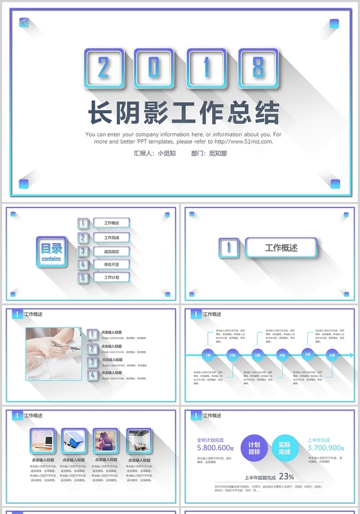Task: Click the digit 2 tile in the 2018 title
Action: coord(104,67)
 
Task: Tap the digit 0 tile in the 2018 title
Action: coord(154,67)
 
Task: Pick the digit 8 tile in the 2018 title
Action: coord(257,67)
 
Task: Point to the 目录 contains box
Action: coord(51,251)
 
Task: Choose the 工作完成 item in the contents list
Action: coord(112,237)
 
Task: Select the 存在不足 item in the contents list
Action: coord(112,264)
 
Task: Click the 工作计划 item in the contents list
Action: coord(112,278)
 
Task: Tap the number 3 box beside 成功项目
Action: coord(83,251)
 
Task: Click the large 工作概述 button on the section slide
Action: coord(281,247)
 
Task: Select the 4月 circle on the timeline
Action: coord(282,355)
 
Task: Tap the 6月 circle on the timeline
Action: coord(332,355)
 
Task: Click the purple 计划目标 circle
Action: coord(254,448)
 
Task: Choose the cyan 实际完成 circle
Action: coord(285,448)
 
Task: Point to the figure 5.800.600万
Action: coord(216,448)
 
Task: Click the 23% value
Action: coord(286,477)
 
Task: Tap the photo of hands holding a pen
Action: coord(54,353)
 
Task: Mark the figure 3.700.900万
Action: coord(327,448)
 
